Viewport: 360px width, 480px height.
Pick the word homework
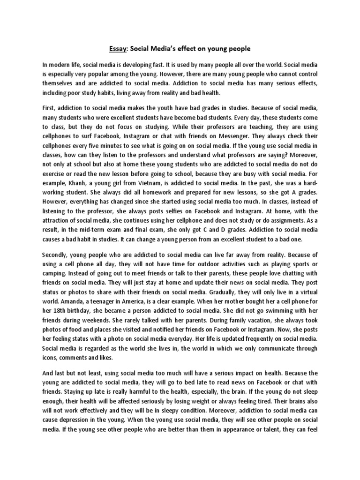coord(147,200)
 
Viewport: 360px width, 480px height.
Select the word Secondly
coord(57,255)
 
